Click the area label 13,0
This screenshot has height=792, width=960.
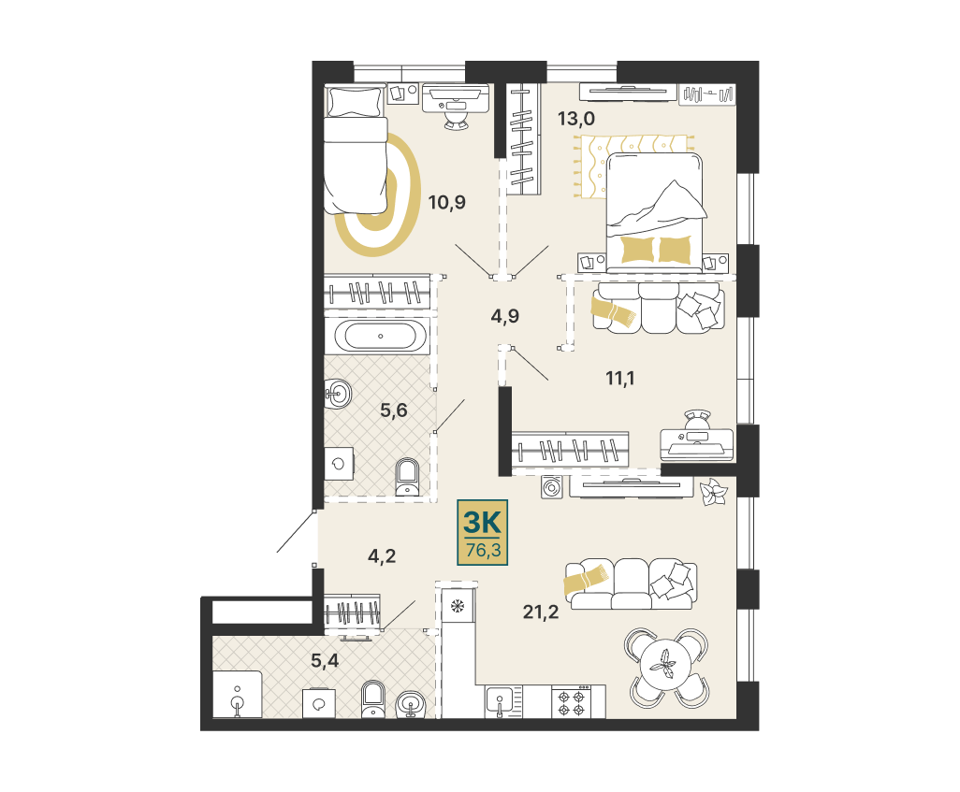pyautogui.click(x=575, y=118)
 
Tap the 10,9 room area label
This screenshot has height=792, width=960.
pyautogui.click(x=447, y=202)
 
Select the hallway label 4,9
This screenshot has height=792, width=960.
pyautogui.click(x=505, y=316)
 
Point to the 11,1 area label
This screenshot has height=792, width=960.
pyautogui.click(x=620, y=379)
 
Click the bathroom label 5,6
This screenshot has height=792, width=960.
pyautogui.click(x=394, y=410)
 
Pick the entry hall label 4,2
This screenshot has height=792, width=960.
pyautogui.click(x=382, y=555)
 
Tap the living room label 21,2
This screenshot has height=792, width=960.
pyautogui.click(x=541, y=612)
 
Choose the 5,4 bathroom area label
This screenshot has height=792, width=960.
pyautogui.click(x=325, y=660)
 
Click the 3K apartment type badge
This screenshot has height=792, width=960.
pyautogui.click(x=483, y=532)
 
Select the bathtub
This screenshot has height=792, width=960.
pyautogui.click(x=380, y=336)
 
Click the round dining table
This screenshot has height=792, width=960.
pyautogui.click(x=666, y=667)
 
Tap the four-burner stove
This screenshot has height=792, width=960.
pyautogui.click(x=571, y=701)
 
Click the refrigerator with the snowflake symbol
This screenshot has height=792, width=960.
pyautogui.click(x=457, y=607)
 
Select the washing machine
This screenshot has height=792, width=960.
pyautogui.click(x=551, y=487)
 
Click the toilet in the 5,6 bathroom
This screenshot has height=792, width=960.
pyautogui.click(x=406, y=477)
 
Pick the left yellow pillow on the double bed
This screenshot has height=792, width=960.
pyautogui.click(x=638, y=250)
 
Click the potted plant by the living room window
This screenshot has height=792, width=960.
pyautogui.click(x=712, y=492)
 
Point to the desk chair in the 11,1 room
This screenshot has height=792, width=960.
pyautogui.click(x=697, y=421)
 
